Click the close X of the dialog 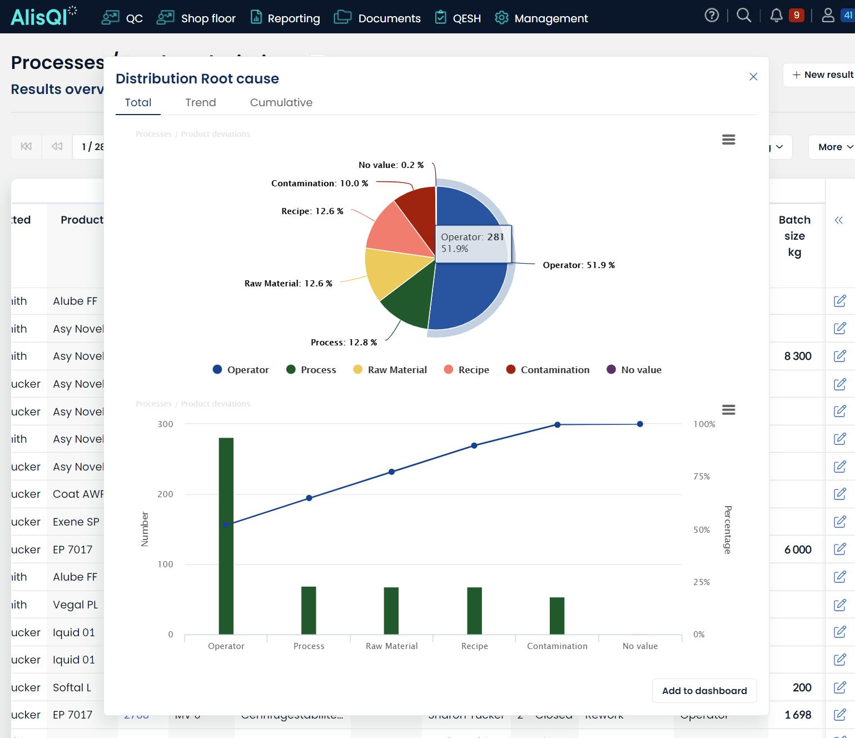[x=753, y=77]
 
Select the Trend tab [x=201, y=102]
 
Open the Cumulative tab [x=281, y=102]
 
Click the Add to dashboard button [x=704, y=691]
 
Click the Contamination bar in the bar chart [x=557, y=616]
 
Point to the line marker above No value [x=640, y=424]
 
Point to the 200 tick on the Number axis [x=165, y=494]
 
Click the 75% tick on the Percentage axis [x=702, y=477]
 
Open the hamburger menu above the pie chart [x=728, y=140]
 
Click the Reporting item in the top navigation [x=286, y=18]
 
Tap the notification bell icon [x=776, y=16]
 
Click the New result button [x=822, y=75]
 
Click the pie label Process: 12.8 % [x=344, y=343]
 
